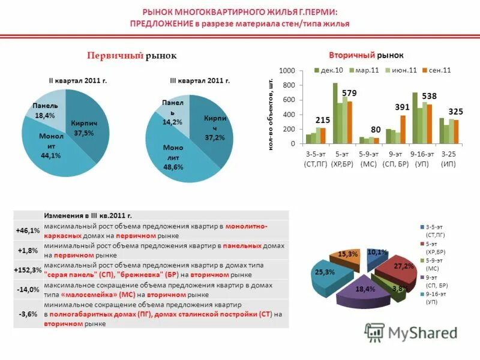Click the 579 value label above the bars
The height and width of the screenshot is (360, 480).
350,93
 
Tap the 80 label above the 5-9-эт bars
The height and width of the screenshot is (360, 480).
376,130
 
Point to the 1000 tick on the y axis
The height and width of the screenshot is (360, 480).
288,71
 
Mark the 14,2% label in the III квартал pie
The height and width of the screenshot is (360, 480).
172,122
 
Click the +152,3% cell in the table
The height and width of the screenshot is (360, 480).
28,270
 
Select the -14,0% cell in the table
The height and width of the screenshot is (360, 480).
28,289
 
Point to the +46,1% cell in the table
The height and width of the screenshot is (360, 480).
28,230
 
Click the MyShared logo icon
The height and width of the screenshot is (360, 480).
374,332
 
